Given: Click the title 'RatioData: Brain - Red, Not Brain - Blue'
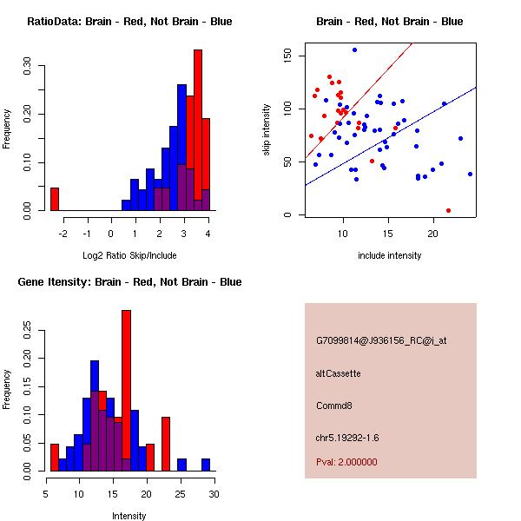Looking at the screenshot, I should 129,22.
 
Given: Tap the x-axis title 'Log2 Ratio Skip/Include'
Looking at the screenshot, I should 129,254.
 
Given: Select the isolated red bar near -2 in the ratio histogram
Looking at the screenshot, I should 54,199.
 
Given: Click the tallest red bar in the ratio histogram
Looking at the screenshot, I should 198,130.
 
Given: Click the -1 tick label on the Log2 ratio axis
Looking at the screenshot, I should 86,233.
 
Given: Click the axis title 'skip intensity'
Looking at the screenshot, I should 267,130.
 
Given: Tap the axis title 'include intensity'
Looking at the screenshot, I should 390,255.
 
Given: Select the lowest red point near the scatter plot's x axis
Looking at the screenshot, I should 448,210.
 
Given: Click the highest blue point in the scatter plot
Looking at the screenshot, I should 354,49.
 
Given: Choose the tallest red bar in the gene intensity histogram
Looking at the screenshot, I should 126,391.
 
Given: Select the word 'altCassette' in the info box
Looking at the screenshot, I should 338,373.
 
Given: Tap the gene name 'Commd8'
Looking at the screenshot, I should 333,406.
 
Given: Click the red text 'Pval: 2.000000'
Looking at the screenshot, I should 346,462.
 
